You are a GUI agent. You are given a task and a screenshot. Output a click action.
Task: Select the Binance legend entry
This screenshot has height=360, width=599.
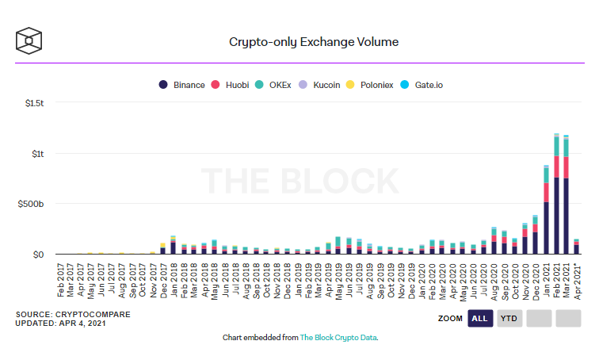[181, 85]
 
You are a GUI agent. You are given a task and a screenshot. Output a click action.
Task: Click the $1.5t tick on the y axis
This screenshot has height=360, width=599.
[33, 103]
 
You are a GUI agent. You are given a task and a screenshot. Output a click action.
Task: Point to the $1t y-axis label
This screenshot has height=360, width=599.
[37, 154]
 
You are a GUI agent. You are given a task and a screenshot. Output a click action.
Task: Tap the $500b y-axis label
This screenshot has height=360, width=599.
[32, 204]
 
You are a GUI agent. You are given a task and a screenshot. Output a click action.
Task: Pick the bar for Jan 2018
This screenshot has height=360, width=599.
[173, 246]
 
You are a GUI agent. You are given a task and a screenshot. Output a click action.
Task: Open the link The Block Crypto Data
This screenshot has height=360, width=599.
[338, 337]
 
